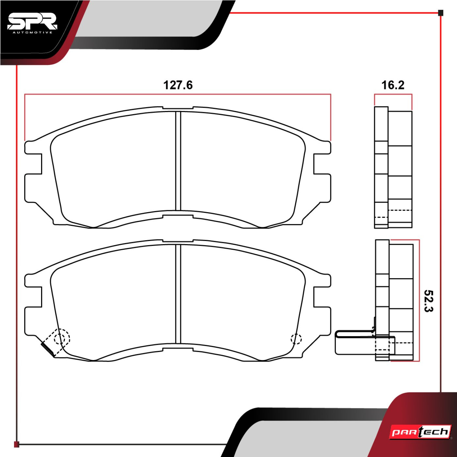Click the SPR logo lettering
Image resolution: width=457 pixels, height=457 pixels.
(x=32, y=22)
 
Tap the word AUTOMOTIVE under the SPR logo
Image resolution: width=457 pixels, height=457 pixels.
(x=32, y=33)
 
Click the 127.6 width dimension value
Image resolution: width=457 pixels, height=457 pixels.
(x=178, y=85)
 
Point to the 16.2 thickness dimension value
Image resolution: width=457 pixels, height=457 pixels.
(x=393, y=85)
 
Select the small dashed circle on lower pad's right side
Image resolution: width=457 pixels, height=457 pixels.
(x=296, y=339)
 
